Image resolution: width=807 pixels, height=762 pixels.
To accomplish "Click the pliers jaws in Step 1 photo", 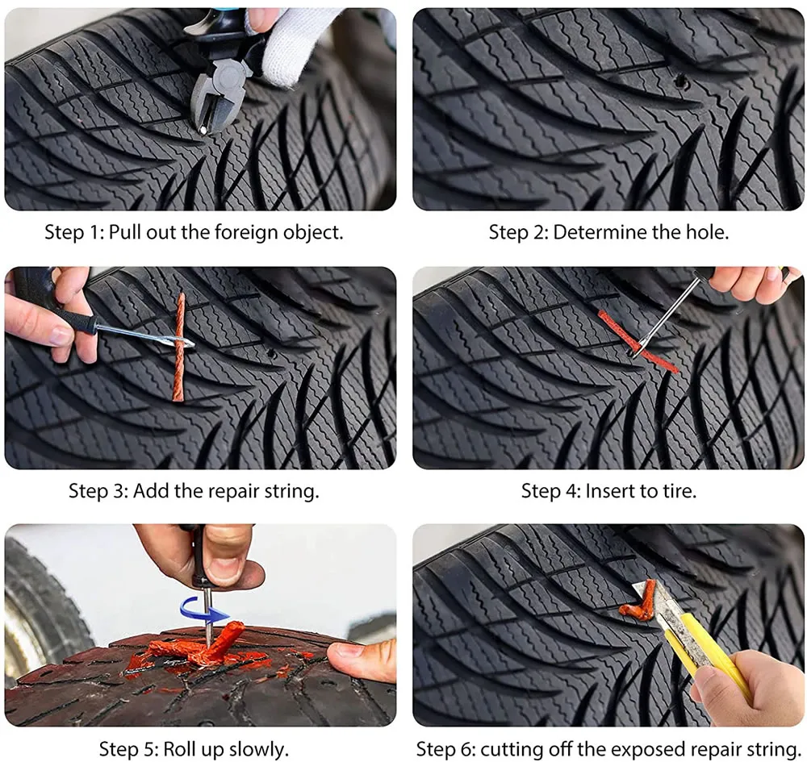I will (207, 113).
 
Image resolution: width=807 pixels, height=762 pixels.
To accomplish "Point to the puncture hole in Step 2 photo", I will (680, 80).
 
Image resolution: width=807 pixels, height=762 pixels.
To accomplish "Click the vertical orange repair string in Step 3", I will (179, 347).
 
